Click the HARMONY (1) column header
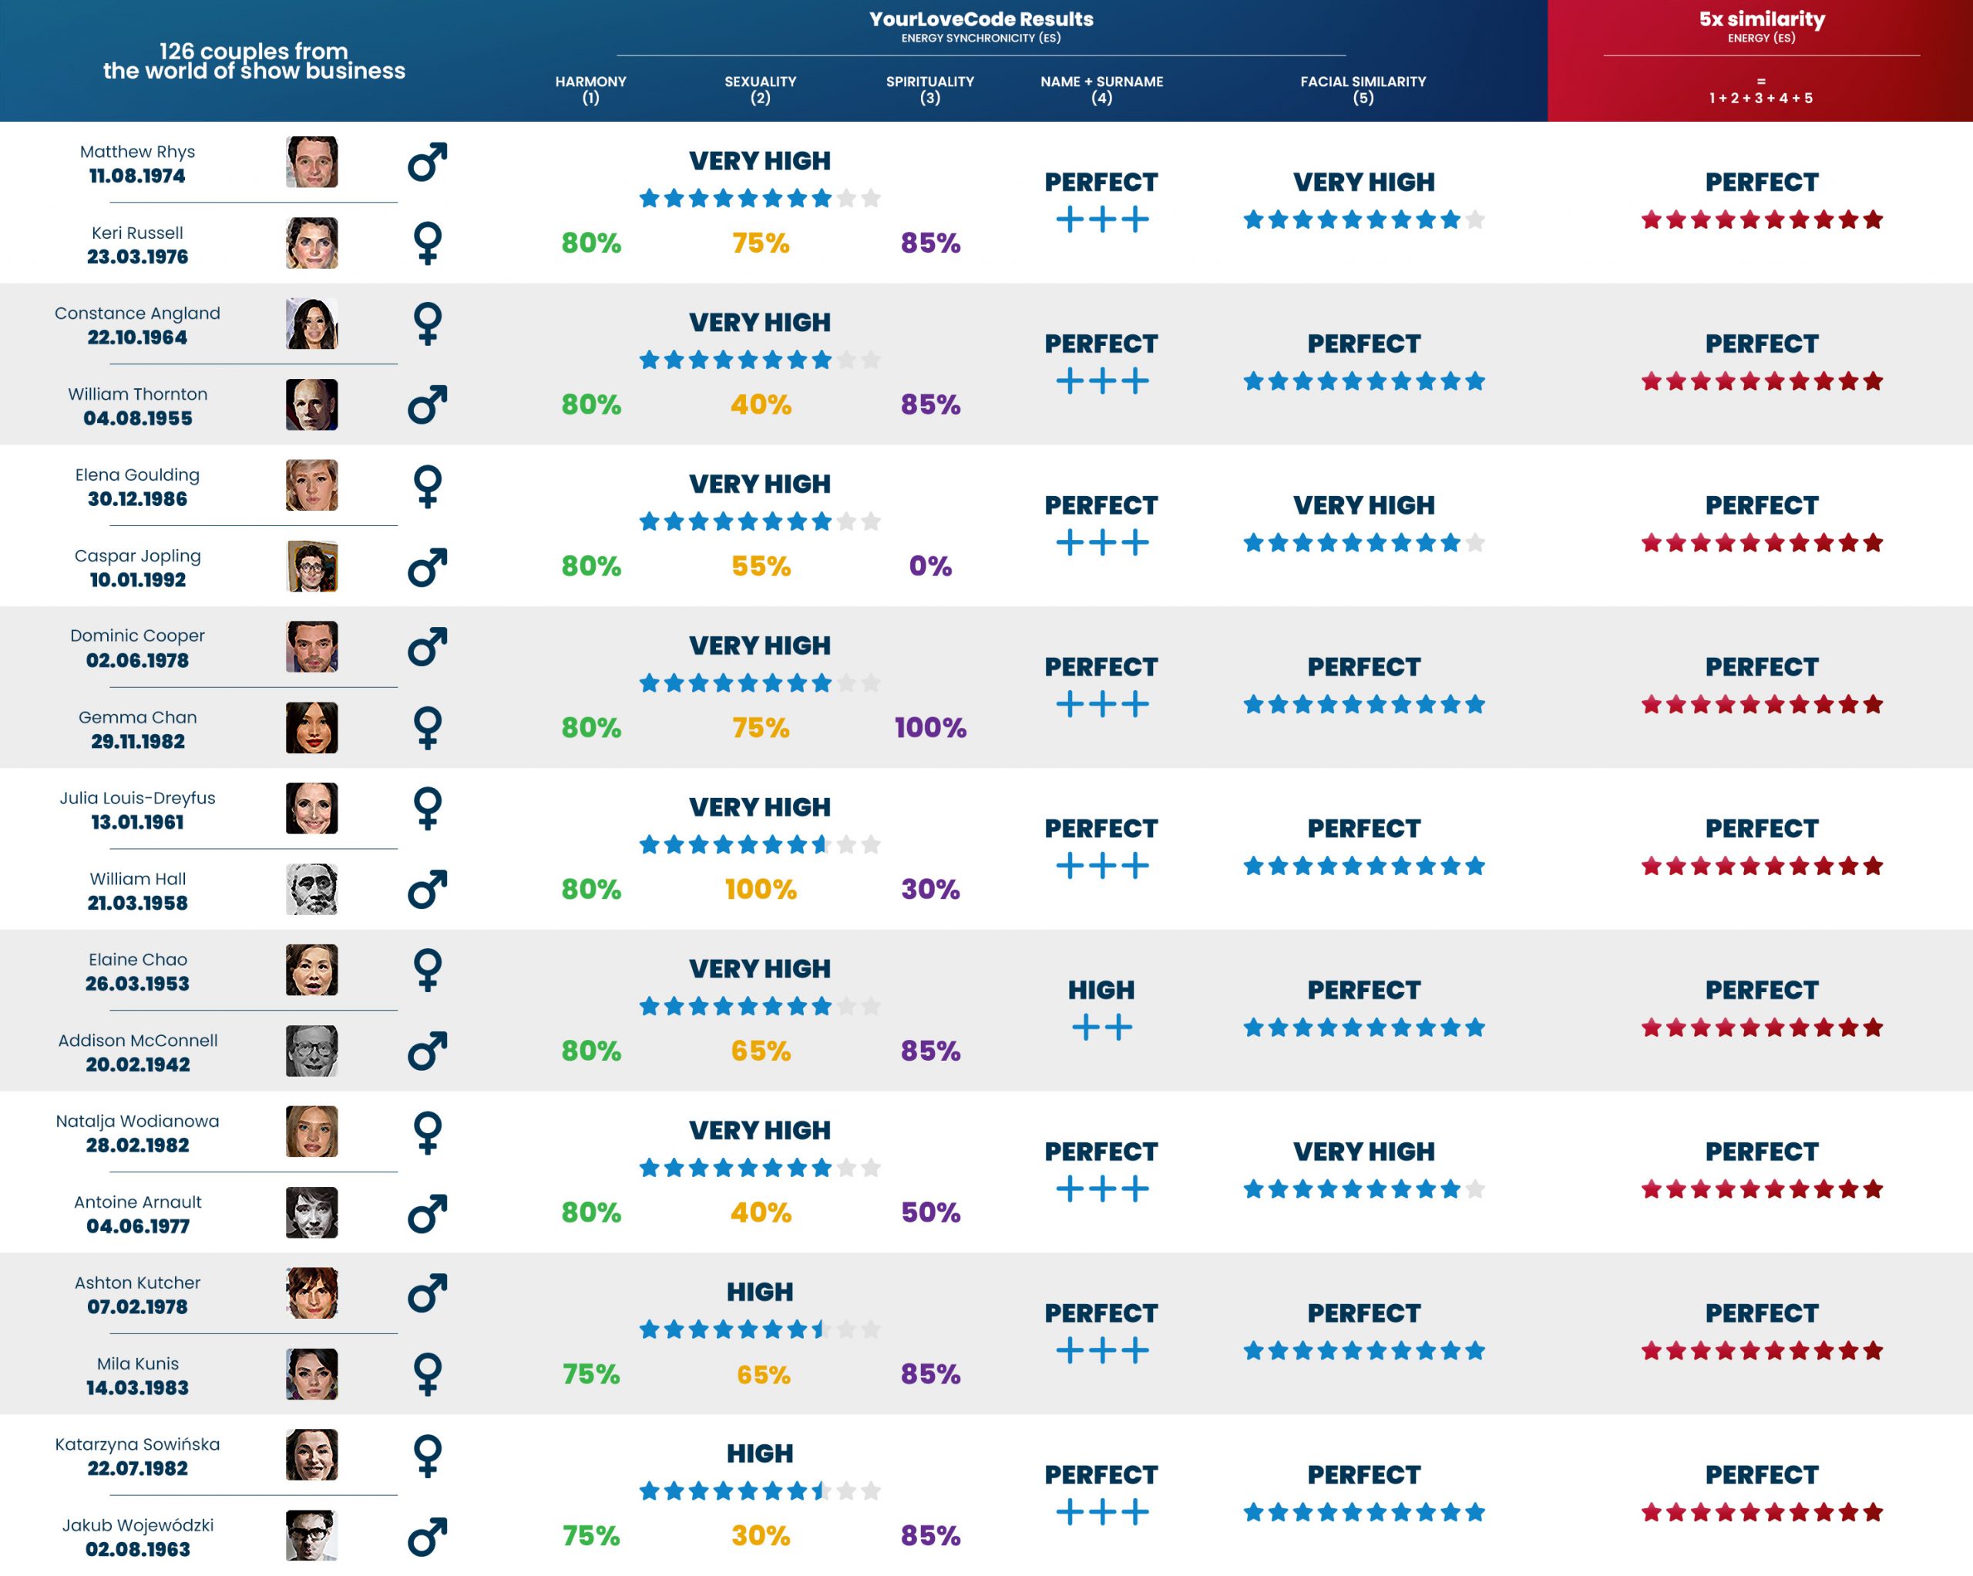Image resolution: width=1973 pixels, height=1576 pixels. tap(590, 89)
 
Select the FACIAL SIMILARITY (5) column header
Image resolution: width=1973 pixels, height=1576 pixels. tap(1363, 89)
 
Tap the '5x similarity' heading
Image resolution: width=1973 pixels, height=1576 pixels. tap(1761, 19)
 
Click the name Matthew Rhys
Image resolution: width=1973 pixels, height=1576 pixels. tap(137, 152)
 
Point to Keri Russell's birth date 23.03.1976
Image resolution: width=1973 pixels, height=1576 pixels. tap(137, 257)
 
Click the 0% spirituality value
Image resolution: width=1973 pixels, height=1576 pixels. tap(929, 566)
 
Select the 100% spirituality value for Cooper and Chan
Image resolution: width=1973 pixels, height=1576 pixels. tap(929, 728)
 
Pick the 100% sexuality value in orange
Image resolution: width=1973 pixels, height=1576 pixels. tap(761, 889)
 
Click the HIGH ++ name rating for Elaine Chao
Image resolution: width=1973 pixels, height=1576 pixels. tap(1101, 1009)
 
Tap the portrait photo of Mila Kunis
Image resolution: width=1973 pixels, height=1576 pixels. tap(311, 1374)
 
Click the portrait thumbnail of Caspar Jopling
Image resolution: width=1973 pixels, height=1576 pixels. tap(311, 566)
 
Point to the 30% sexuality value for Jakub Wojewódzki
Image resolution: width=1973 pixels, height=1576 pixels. tap(761, 1536)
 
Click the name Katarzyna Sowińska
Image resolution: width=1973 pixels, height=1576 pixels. tap(137, 1444)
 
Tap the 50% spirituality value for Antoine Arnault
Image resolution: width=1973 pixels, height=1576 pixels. tap(929, 1213)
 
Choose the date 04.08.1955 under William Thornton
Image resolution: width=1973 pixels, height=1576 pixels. tap(137, 419)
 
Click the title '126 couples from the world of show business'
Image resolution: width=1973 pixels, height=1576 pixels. tap(254, 62)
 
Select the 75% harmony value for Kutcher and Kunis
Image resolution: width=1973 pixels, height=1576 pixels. tap(590, 1374)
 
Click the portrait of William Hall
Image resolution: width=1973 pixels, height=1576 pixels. tap(311, 889)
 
